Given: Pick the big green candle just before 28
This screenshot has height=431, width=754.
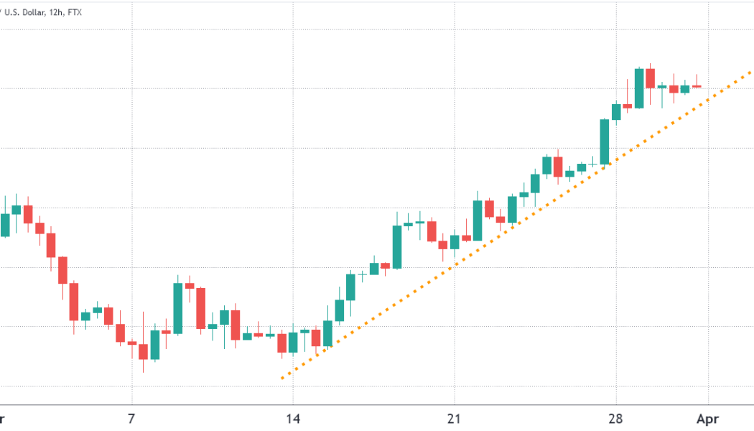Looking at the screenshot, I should pyautogui.click(x=605, y=142).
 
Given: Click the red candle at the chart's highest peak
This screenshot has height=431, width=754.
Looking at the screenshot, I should pyautogui.click(x=650, y=78).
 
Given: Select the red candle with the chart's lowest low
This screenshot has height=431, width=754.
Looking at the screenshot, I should pyautogui.click(x=143, y=351).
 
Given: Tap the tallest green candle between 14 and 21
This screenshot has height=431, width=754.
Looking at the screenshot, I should pyautogui.click(x=396, y=247).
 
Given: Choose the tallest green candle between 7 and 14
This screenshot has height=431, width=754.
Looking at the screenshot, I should pyautogui.click(x=177, y=308).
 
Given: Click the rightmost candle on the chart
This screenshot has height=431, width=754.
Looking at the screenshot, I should pyautogui.click(x=697, y=86).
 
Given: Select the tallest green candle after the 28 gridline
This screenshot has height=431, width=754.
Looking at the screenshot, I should pyautogui.click(x=638, y=88).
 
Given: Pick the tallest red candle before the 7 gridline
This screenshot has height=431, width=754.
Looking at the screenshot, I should pyautogui.click(x=73, y=301).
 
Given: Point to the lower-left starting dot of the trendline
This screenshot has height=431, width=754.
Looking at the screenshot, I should pyautogui.click(x=282, y=378).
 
